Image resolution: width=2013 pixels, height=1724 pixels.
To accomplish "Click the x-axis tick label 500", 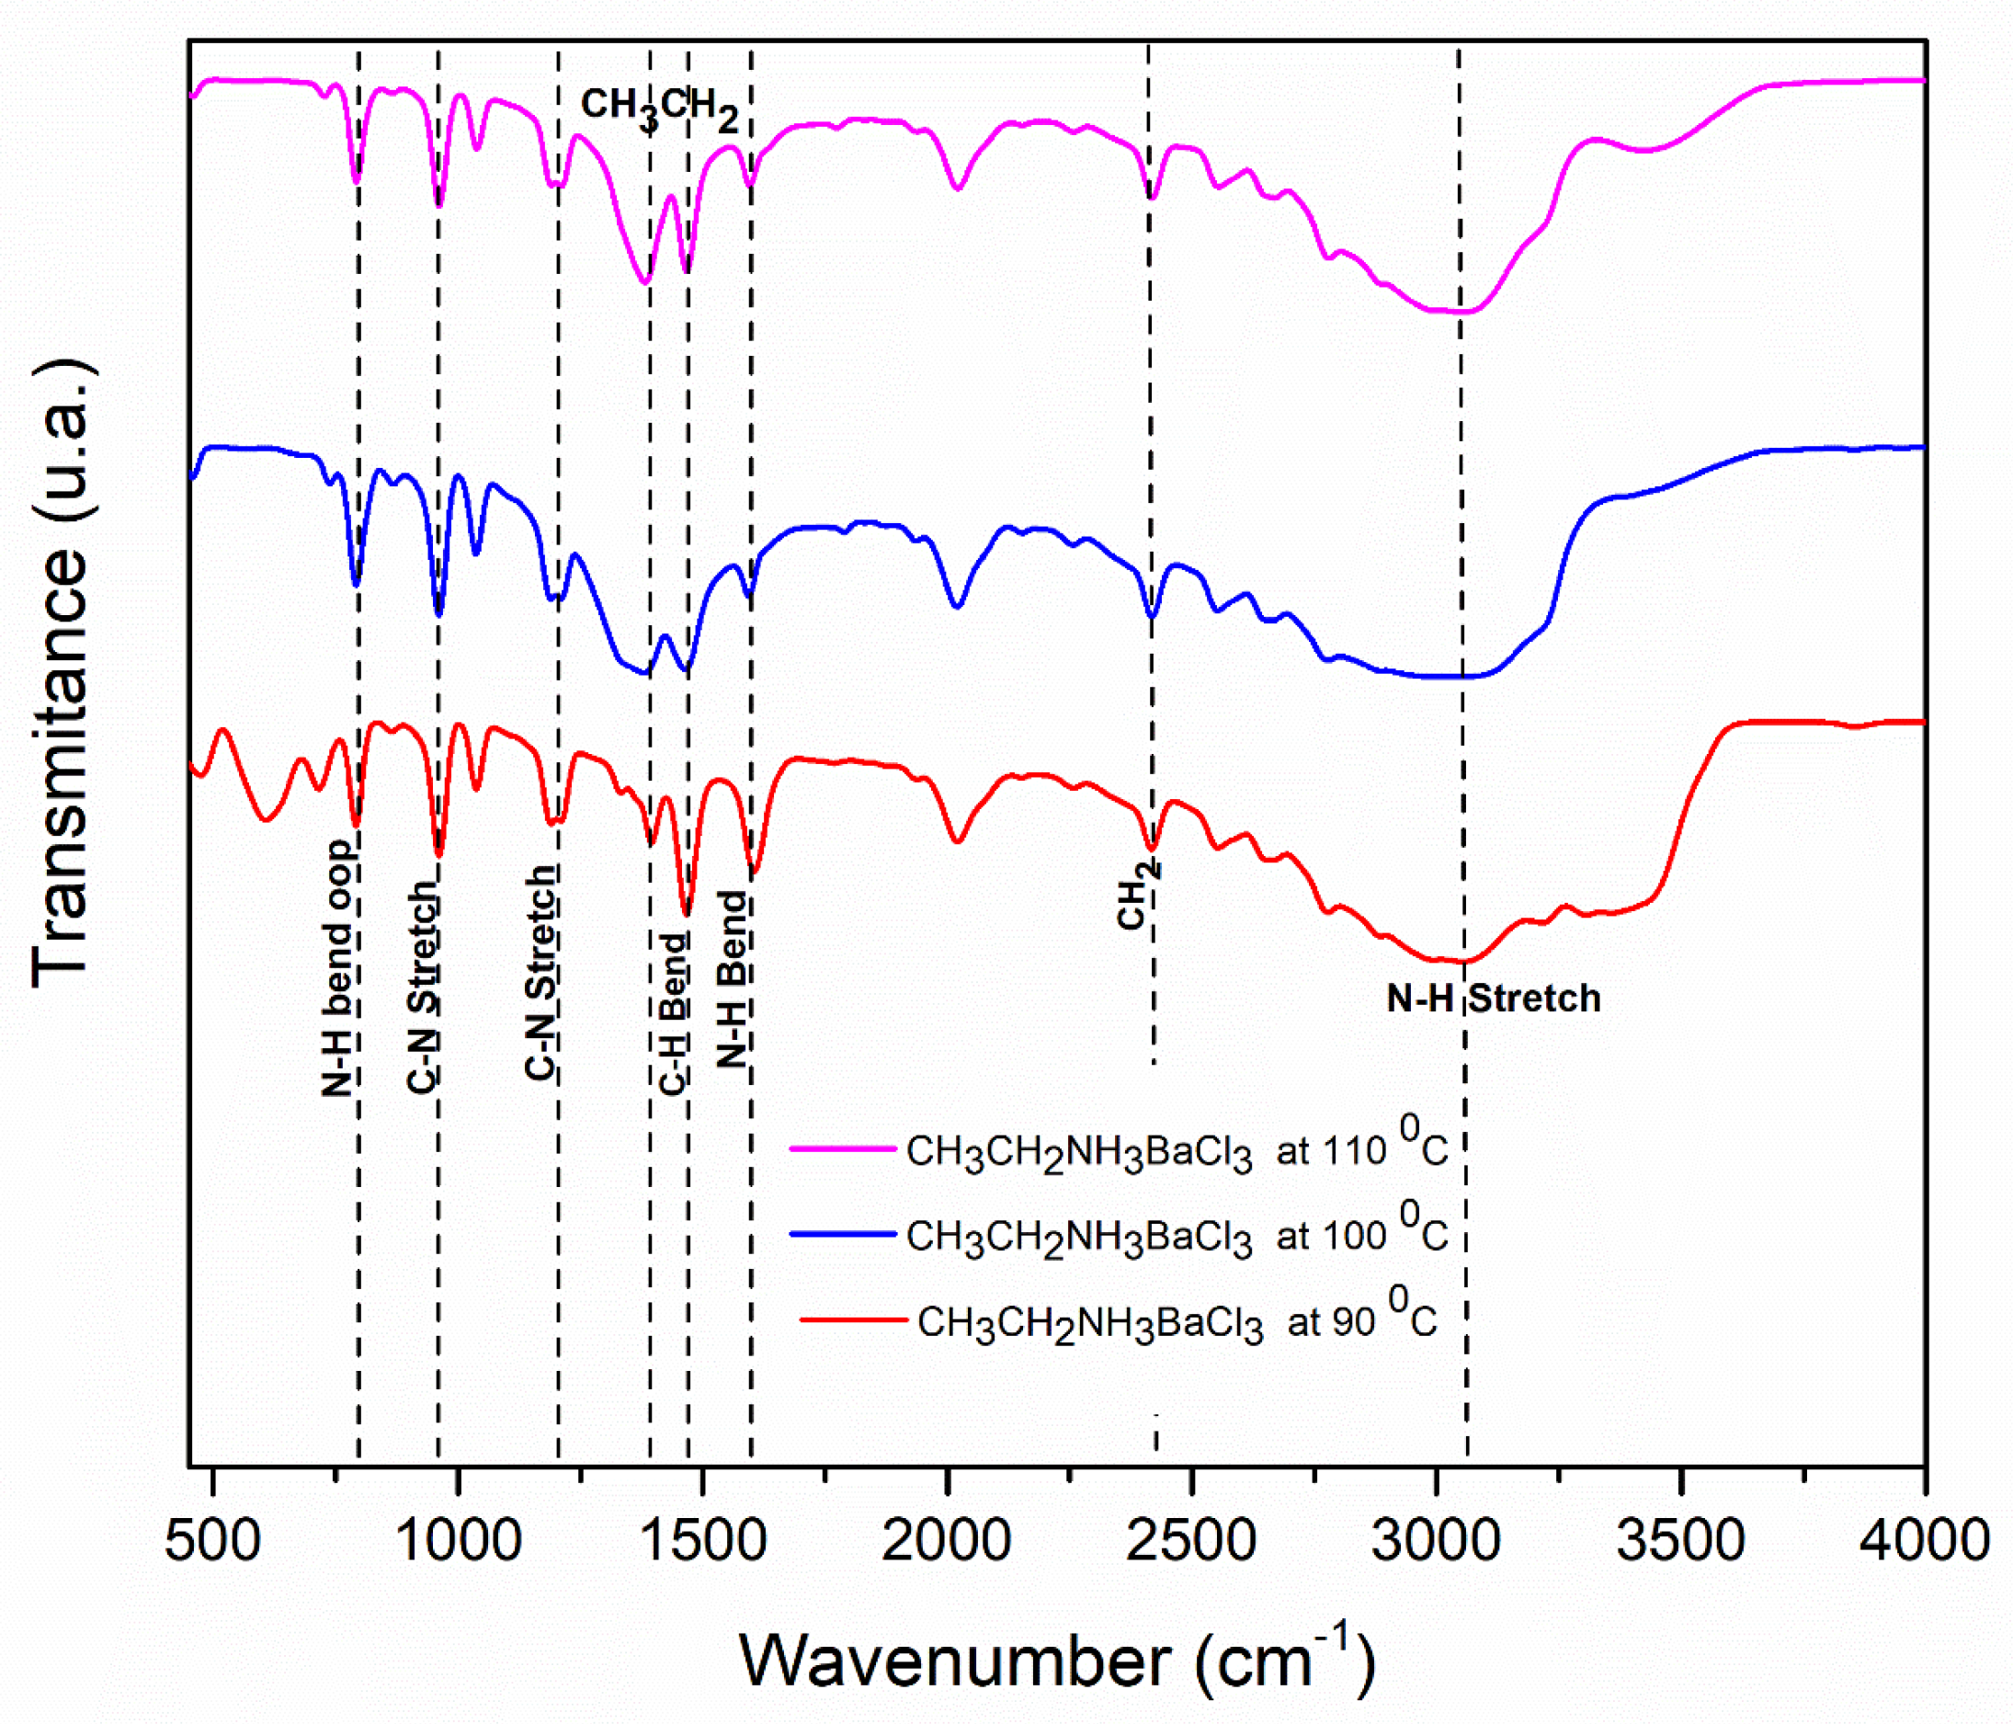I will tap(212, 1542).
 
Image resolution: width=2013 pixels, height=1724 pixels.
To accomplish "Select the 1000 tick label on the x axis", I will tap(459, 1542).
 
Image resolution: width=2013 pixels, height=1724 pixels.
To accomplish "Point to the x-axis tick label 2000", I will tap(946, 1542).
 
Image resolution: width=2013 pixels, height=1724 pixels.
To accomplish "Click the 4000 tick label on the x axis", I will tap(1924, 1542).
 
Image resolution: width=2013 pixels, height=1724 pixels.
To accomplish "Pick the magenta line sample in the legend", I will tap(842, 1148).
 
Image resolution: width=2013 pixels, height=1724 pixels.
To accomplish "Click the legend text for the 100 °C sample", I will tap(1177, 1235).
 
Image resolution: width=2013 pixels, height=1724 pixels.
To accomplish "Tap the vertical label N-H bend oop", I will tap(338, 968).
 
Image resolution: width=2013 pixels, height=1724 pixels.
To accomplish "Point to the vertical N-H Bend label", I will tap(733, 979).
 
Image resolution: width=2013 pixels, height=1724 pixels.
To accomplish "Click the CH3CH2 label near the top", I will tap(660, 107).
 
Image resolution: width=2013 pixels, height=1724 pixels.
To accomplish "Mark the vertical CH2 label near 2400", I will tap(1135, 894).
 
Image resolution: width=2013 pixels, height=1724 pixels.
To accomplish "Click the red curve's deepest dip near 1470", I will tap(686, 914).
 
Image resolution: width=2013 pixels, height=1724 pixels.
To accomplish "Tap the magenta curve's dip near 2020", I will tap(958, 188).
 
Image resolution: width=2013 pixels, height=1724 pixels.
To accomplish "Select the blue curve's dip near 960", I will tap(438, 614).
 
